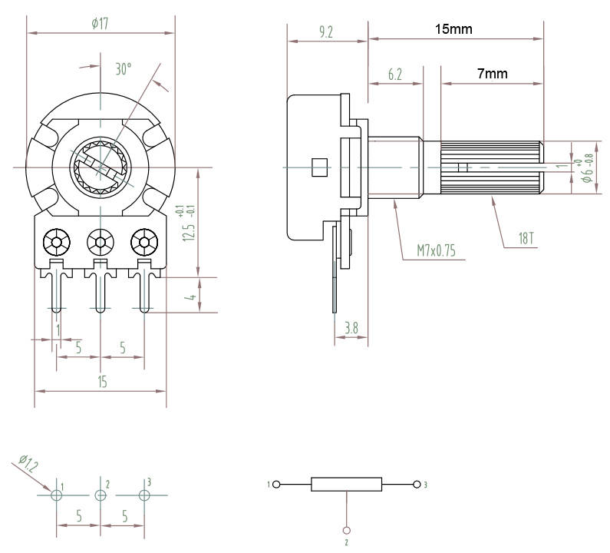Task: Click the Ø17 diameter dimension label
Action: click(x=100, y=24)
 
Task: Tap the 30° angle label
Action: click(x=124, y=69)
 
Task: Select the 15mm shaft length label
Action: click(x=453, y=29)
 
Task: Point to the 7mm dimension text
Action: click(x=493, y=73)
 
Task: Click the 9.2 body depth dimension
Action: click(x=326, y=32)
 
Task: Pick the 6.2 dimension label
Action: click(x=395, y=74)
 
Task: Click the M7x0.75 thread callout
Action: click(x=436, y=250)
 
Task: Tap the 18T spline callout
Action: click(x=526, y=238)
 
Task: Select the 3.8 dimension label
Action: click(x=351, y=328)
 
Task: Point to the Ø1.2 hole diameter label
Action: click(x=28, y=463)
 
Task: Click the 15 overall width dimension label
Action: click(x=102, y=382)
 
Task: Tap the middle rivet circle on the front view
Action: click(x=101, y=242)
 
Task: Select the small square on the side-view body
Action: click(x=319, y=167)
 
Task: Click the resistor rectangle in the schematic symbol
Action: click(x=346, y=484)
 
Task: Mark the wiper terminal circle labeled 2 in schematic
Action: click(x=346, y=531)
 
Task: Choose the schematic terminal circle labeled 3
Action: click(x=417, y=485)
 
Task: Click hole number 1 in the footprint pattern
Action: click(x=57, y=495)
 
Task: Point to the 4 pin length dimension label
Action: click(x=191, y=297)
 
